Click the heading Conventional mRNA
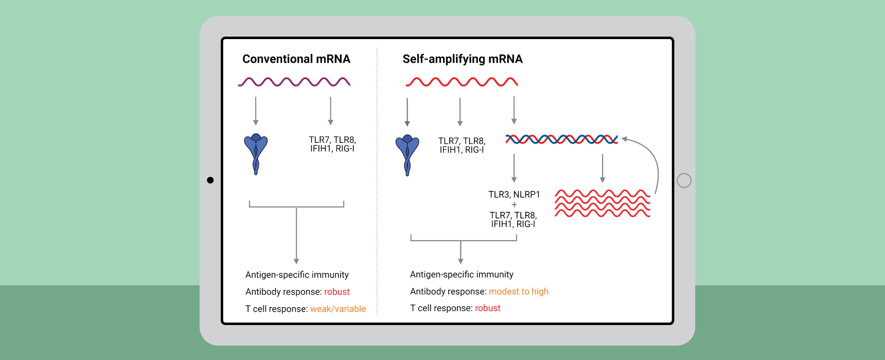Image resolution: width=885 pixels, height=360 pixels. point(296,59)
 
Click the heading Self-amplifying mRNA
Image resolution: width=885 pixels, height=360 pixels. point(463,59)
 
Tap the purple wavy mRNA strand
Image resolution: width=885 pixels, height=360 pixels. point(294,82)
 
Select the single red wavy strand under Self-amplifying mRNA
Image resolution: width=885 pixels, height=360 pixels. point(462,82)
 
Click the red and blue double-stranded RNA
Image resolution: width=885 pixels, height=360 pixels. point(562,139)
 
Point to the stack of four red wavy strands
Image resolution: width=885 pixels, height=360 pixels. point(603,203)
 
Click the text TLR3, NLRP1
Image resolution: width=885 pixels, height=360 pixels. point(514,194)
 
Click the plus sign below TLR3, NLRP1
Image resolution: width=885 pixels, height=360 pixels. point(514,205)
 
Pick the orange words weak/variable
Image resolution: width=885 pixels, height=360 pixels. point(338,309)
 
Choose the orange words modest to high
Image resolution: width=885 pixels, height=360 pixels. point(519,292)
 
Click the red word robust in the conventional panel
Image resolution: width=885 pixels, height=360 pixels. point(337,292)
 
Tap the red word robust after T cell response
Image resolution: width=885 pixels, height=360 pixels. point(488,308)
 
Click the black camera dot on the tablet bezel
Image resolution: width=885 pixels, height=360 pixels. point(210,180)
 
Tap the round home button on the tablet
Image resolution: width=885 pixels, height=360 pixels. point(684,181)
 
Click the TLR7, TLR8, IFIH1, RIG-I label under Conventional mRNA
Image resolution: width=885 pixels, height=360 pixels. point(332,144)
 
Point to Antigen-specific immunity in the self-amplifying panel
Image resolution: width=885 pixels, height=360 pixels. point(462,275)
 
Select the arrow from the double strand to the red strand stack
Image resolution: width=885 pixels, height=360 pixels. point(603,169)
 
